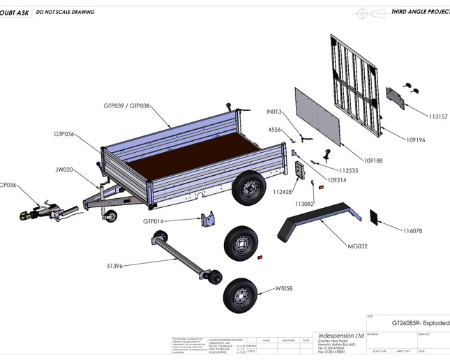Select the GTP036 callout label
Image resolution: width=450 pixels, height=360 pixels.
click(64, 134)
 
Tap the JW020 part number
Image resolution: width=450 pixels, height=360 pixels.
click(65, 169)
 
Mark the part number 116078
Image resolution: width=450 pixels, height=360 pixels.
click(416, 230)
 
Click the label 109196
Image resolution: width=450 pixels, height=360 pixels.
click(416, 140)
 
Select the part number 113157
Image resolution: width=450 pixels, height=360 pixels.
click(438, 117)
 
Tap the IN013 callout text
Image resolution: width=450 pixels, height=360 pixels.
click(273, 112)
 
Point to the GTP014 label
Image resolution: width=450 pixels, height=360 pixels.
click(153, 221)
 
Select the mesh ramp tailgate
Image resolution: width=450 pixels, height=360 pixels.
click(357, 84)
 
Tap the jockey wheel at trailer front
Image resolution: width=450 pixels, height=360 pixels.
click(109, 214)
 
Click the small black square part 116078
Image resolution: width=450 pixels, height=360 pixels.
click(375, 217)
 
